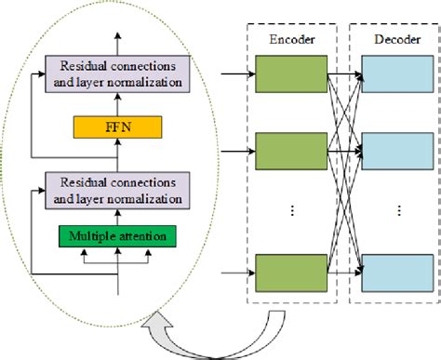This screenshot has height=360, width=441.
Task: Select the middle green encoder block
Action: tap(291, 150)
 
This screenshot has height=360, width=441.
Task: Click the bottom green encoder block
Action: tap(291, 273)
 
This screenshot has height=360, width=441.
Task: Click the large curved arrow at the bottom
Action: tap(233, 335)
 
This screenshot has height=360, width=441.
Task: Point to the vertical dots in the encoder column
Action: tap(292, 211)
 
